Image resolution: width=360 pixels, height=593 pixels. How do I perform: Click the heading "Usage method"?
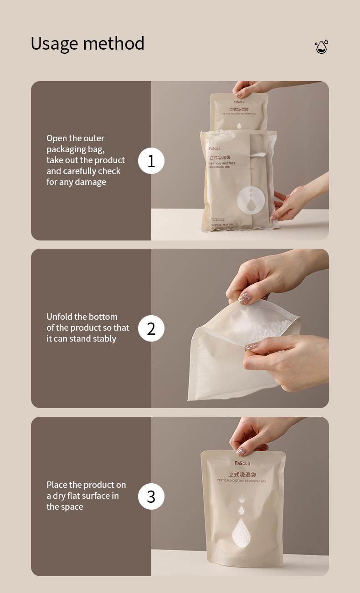(87, 44)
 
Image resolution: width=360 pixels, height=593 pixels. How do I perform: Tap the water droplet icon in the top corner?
(321, 47)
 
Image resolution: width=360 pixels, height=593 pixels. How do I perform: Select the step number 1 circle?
(151, 161)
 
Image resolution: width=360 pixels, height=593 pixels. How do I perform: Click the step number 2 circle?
(151, 328)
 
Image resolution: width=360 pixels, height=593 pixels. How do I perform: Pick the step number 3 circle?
(151, 496)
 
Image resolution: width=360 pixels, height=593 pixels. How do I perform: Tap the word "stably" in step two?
(104, 339)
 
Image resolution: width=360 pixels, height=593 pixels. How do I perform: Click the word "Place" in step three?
(57, 485)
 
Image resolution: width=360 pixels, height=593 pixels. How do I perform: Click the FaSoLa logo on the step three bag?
(242, 463)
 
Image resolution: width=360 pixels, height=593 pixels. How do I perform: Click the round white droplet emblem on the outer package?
(251, 199)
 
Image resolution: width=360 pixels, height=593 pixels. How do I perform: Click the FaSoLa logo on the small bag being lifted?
(239, 102)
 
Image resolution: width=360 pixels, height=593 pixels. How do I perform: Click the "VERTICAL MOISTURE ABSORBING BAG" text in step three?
(241, 481)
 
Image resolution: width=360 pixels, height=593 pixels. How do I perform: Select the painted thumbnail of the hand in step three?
(240, 452)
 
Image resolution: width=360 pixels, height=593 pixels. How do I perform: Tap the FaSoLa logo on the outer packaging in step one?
(215, 148)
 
